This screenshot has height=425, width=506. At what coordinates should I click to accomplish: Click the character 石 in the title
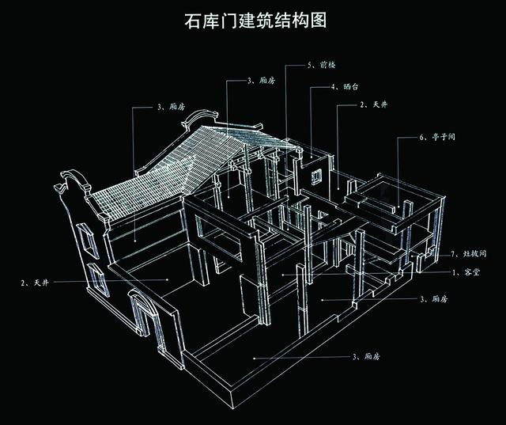tap(193, 21)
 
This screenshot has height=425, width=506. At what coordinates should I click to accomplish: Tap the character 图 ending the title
tap(319, 21)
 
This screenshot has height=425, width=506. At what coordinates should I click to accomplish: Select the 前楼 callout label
tap(327, 65)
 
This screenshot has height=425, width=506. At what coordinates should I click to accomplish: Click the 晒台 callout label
tap(351, 86)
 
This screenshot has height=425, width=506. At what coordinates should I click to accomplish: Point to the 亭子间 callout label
tap(444, 137)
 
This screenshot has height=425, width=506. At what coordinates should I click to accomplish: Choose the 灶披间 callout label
tap(474, 253)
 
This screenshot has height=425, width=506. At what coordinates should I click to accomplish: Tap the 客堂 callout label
tap(472, 272)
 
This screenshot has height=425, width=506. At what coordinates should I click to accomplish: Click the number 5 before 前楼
tap(309, 65)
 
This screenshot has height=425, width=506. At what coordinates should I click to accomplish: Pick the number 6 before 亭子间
tap(421, 137)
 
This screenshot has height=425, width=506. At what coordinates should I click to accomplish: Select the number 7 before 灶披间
tap(453, 254)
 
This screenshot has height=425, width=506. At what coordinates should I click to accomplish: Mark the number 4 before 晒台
tap(333, 87)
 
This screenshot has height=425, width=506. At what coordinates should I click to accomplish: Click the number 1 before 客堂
tap(455, 272)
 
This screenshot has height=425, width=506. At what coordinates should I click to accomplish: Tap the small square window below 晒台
tap(316, 176)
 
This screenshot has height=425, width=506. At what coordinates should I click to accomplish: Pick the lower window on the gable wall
tap(98, 279)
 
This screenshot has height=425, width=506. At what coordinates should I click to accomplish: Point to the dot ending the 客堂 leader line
tap(283, 275)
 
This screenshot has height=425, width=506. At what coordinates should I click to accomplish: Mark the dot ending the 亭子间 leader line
tap(398, 207)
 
